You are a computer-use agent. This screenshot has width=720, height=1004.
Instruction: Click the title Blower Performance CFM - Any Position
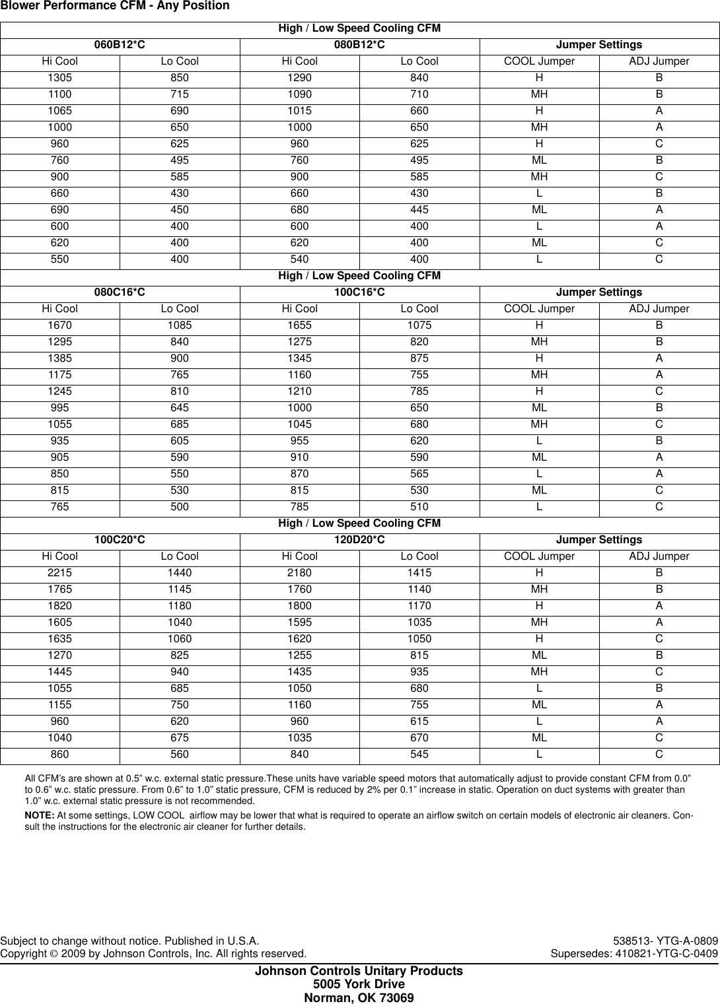[x=115, y=6]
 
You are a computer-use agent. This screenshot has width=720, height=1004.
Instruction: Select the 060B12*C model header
[x=120, y=45]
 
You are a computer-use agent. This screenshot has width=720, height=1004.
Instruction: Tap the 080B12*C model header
[x=359, y=45]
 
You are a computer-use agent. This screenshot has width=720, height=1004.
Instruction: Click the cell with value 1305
[x=59, y=78]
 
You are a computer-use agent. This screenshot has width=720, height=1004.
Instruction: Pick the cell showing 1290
[x=299, y=78]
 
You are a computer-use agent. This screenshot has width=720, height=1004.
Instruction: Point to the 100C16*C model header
[x=359, y=292]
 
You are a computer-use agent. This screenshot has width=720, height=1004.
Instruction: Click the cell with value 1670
[x=59, y=325]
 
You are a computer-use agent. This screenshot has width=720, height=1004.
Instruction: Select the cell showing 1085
[x=180, y=325]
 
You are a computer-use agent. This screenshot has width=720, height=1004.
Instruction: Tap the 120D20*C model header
[x=359, y=540]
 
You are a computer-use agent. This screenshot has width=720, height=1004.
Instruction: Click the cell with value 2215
[x=59, y=573]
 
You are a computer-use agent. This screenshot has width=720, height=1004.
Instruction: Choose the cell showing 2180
[x=299, y=573]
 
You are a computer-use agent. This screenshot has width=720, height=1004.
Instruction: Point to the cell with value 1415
[x=419, y=573]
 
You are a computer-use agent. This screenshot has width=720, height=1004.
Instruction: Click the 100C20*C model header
[x=120, y=540]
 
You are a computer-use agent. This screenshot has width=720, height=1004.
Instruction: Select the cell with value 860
[x=59, y=754]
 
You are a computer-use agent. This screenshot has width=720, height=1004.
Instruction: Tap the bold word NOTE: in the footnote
[x=40, y=816]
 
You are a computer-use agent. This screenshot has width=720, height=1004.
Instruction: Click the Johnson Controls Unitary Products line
[x=359, y=971]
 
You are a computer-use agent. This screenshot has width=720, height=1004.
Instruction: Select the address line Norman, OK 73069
[x=359, y=997]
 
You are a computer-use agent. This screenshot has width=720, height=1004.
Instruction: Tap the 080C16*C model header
[x=120, y=292]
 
